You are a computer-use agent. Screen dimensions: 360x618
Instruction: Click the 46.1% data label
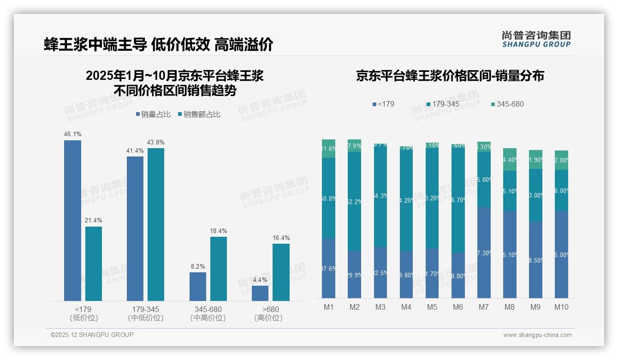tap(73, 134)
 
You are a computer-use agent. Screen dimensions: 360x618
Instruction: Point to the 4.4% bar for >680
tap(260, 293)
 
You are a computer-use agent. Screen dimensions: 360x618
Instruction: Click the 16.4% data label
tap(281, 238)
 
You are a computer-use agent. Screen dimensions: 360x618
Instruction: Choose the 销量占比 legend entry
tap(153, 114)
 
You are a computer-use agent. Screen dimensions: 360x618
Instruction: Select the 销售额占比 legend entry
tap(199, 114)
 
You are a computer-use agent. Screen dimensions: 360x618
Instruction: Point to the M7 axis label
tap(484, 307)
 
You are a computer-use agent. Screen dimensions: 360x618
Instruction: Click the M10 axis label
tap(561, 307)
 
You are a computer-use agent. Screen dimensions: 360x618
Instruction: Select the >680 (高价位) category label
tap(268, 313)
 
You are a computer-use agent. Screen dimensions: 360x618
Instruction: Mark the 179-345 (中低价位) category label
tap(145, 313)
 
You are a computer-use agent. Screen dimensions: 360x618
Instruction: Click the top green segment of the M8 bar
tap(510, 159)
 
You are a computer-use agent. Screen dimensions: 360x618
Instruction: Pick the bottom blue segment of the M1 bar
tap(329, 268)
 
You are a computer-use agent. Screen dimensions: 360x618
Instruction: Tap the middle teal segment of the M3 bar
tap(380, 196)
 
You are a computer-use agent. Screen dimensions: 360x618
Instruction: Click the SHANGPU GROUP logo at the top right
tap(536, 39)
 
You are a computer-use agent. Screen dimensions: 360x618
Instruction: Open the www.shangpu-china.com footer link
tap(537, 335)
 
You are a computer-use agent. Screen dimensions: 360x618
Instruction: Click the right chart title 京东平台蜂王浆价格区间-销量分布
tap(450, 76)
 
